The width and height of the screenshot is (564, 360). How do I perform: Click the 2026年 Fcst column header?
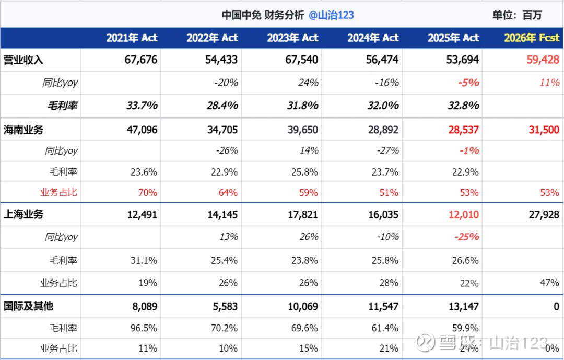point(531,38)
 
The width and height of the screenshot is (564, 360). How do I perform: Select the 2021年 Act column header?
point(132,38)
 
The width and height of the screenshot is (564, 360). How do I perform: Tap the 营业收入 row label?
point(23,60)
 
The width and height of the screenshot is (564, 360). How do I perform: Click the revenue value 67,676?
point(141,60)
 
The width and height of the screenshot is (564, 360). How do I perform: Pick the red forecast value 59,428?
point(543,60)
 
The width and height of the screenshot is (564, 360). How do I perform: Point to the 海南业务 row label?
point(23,130)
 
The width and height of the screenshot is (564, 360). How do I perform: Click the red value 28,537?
point(463,130)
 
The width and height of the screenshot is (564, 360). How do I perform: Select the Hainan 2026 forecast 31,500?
point(544,130)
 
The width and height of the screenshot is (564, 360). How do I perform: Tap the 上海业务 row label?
point(23,214)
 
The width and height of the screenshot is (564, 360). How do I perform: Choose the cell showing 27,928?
point(544,214)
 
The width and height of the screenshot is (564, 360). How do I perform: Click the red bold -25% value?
point(466,237)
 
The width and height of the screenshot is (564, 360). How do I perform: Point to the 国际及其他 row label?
point(29,306)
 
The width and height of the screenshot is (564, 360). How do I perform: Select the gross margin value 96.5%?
point(143,328)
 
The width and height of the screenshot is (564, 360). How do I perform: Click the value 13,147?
point(463,306)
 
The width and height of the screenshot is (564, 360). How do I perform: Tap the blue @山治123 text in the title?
point(331,15)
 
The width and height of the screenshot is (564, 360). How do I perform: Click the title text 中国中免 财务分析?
point(263,15)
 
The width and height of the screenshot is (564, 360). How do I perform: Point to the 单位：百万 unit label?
point(517,15)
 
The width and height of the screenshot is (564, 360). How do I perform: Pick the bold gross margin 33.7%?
point(142,106)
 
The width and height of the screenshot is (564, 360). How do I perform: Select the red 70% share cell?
point(148,192)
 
